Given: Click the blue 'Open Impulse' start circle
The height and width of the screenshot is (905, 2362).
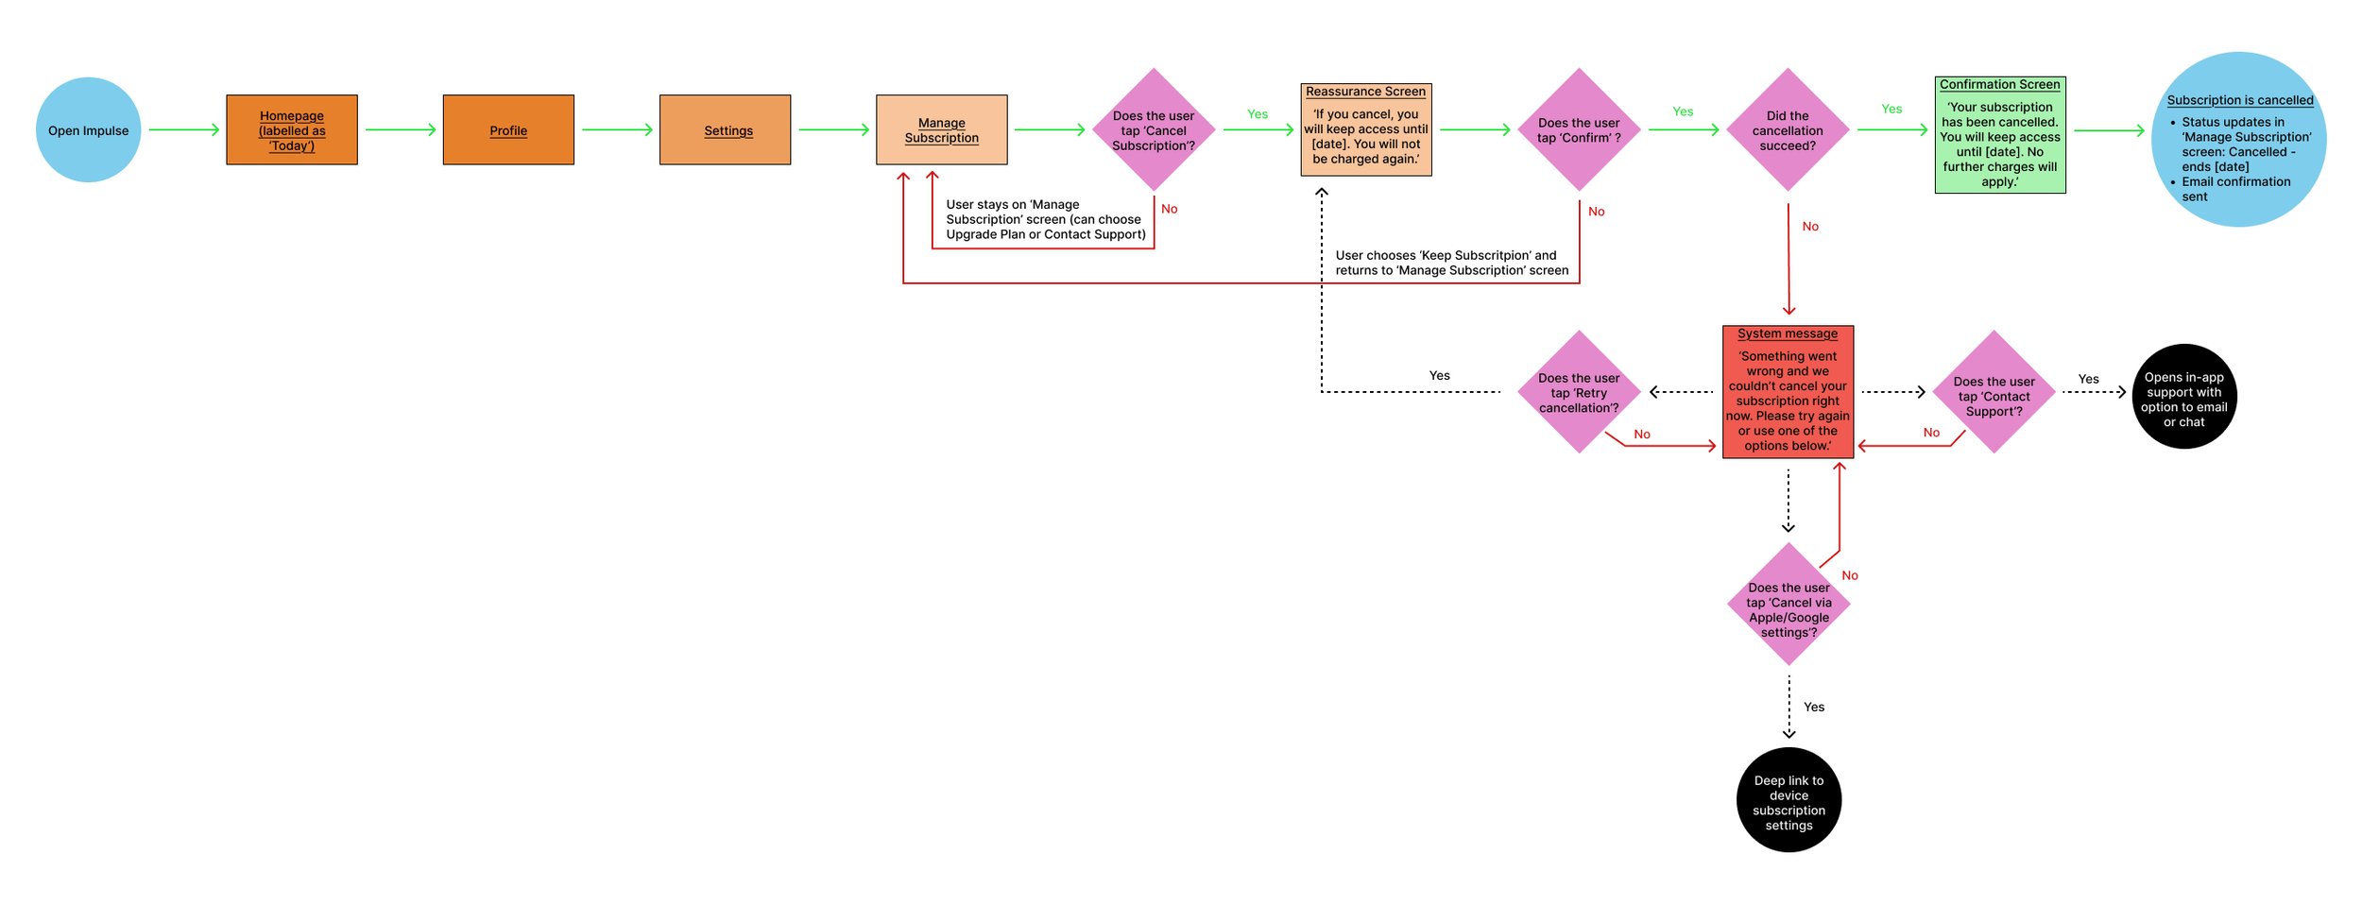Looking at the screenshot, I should pyautogui.click(x=88, y=130).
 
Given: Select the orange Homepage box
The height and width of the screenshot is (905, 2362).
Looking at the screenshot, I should pyautogui.click(x=292, y=130).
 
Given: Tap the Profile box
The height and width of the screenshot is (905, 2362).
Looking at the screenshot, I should pyautogui.click(x=508, y=130).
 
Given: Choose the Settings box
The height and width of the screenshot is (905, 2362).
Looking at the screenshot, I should pyautogui.click(x=725, y=130).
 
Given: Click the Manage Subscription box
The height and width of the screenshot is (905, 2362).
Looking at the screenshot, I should pyautogui.click(x=941, y=130).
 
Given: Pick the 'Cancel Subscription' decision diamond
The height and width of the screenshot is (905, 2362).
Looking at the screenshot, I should pyautogui.click(x=1154, y=130).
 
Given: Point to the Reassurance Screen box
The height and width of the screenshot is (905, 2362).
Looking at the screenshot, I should pyautogui.click(x=1366, y=130).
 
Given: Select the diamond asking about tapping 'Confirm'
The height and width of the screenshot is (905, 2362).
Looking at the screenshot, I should pyautogui.click(x=1579, y=130).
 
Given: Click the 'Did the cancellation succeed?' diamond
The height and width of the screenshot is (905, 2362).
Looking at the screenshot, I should pyautogui.click(x=1788, y=130).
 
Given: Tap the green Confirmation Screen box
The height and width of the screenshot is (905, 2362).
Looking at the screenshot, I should pyautogui.click(x=2000, y=136).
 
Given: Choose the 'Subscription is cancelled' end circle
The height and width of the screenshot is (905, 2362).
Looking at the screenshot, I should pyautogui.click(x=2238, y=140).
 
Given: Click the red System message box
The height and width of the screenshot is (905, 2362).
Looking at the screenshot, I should pyautogui.click(x=1788, y=392).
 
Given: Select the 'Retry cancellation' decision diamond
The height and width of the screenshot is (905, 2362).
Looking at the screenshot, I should pyautogui.click(x=1579, y=392).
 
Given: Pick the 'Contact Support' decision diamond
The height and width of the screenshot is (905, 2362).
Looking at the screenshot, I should pyautogui.click(x=1994, y=392).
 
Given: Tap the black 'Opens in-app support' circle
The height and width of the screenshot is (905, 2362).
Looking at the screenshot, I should pyautogui.click(x=2184, y=397).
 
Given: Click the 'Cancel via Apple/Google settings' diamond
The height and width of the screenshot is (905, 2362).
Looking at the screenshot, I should pyautogui.click(x=1789, y=605).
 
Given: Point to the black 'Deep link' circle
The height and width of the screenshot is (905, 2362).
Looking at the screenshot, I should pyautogui.click(x=1789, y=800).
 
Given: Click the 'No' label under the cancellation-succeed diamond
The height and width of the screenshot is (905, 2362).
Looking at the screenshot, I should pyautogui.click(x=1810, y=227).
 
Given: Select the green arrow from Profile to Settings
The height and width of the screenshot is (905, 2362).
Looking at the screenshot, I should pyautogui.click(x=617, y=130).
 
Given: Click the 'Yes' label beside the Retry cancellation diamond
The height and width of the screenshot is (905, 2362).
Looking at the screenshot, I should pyautogui.click(x=1439, y=376).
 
